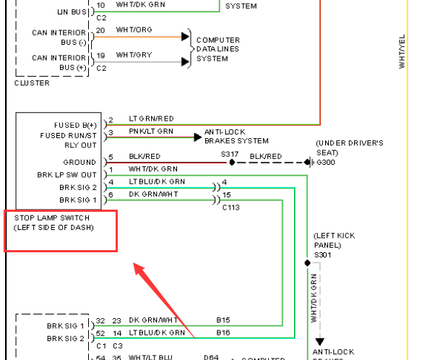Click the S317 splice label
pyautogui.click(x=230, y=154)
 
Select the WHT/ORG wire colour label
pyautogui.click(x=133, y=30)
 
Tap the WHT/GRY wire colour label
pyautogui.click(x=133, y=54)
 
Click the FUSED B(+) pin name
pyautogui.click(x=75, y=124)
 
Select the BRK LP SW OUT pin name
pyautogui.click(x=67, y=175)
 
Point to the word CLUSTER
pyautogui.click(x=33, y=83)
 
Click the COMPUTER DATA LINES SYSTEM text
pyautogui.click(x=218, y=49)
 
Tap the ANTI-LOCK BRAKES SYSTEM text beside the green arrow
pyautogui.click(x=236, y=136)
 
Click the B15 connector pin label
pyautogui.click(x=223, y=319)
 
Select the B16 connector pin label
pyautogui.click(x=223, y=332)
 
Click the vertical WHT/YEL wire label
pyautogui.click(x=402, y=53)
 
